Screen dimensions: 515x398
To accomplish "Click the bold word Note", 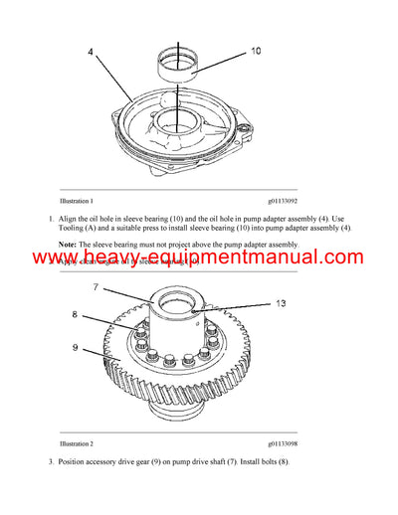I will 68,244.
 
